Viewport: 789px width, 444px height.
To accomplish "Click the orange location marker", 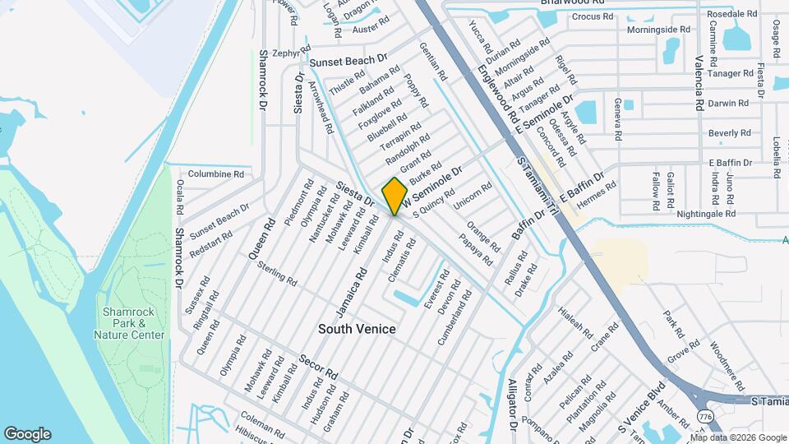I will point(395,195).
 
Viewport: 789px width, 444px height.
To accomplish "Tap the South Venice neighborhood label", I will point(358,329).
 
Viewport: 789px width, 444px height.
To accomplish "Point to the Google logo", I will point(27,434).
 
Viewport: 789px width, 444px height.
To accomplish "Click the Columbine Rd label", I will point(216,174).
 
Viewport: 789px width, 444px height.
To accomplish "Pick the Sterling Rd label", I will point(277,274).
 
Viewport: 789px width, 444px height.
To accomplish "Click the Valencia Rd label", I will point(698,82).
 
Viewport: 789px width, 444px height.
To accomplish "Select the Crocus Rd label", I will point(593,16).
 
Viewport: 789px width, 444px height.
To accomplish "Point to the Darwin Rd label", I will point(728,104).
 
